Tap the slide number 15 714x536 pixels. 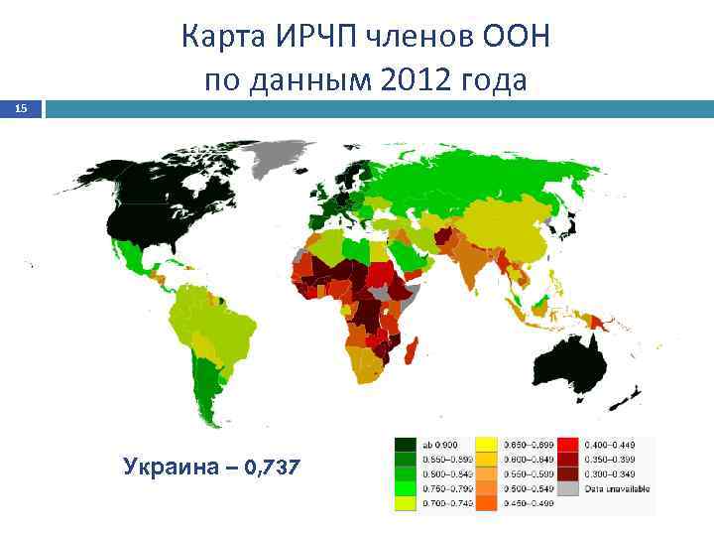(x=21, y=109)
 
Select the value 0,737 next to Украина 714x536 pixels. (x=269, y=467)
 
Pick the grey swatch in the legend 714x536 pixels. (x=569, y=488)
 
